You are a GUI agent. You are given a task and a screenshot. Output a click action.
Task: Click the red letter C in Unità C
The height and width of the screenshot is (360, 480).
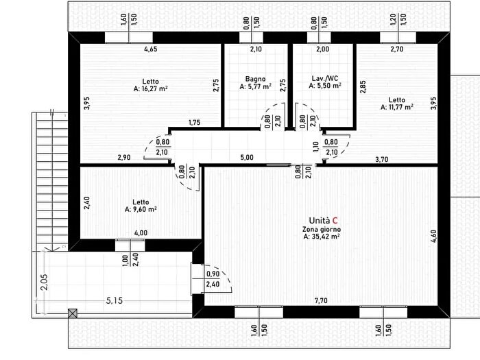(x=335, y=220)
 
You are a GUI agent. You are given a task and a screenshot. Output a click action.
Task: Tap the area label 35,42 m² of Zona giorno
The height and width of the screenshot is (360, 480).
(x=322, y=237)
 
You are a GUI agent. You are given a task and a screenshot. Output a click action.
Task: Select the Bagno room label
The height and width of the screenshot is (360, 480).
(x=255, y=79)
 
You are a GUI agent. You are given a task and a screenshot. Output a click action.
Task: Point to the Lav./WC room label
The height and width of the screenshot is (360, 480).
(x=325, y=78)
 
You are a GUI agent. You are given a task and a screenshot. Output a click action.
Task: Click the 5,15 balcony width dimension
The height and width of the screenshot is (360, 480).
(x=115, y=300)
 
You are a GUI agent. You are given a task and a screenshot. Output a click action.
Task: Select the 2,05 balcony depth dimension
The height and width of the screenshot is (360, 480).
(x=45, y=282)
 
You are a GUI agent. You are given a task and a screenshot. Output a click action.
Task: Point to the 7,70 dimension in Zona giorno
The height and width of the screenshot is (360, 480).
(x=321, y=300)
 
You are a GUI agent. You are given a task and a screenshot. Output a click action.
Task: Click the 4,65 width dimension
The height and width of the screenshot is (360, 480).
(x=151, y=49)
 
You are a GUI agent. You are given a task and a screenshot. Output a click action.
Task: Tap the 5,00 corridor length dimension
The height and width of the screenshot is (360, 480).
(x=247, y=157)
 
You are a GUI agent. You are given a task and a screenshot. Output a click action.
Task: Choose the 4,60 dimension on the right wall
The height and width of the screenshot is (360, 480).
(x=433, y=237)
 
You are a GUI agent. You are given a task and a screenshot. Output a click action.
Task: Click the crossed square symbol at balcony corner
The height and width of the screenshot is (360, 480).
(x=73, y=313)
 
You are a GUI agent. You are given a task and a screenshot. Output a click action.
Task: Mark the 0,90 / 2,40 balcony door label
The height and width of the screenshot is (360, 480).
(x=213, y=279)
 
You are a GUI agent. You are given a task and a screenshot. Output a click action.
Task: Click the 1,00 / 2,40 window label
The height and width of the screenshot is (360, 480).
(x=130, y=260)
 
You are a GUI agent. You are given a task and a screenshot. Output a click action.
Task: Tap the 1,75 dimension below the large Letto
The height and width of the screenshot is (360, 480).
(x=194, y=123)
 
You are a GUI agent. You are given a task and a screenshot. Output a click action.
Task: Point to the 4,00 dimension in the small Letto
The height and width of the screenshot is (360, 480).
(x=141, y=233)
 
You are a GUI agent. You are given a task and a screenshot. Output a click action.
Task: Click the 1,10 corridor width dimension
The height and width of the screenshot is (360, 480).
(x=316, y=146)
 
